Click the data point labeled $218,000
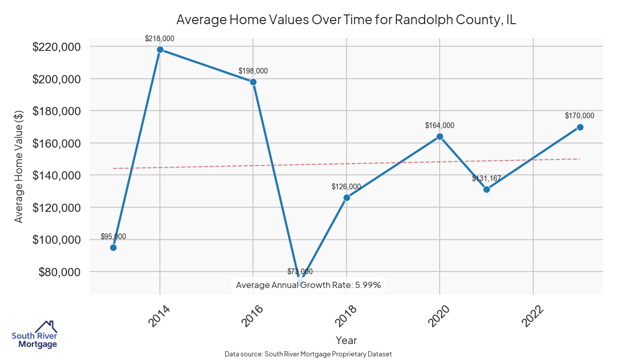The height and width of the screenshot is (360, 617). (160, 50)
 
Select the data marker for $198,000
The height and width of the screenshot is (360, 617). (253, 82)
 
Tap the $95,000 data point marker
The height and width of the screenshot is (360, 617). (113, 247)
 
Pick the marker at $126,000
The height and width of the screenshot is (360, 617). (347, 197)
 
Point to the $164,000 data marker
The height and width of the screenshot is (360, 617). (440, 136)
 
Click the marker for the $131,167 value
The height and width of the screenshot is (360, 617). (486, 189)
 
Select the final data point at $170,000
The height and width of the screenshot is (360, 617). (580, 127)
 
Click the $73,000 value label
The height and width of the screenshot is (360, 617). (300, 272)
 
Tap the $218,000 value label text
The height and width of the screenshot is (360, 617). (160, 39)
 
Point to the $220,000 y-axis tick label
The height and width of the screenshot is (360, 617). (56, 47)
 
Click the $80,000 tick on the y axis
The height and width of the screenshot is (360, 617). (59, 272)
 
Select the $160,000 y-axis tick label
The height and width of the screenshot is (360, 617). (56, 143)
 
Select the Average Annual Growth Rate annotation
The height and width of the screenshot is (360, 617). (308, 285)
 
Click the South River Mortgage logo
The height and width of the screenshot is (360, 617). (34, 335)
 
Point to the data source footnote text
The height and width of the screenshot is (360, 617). (308, 354)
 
